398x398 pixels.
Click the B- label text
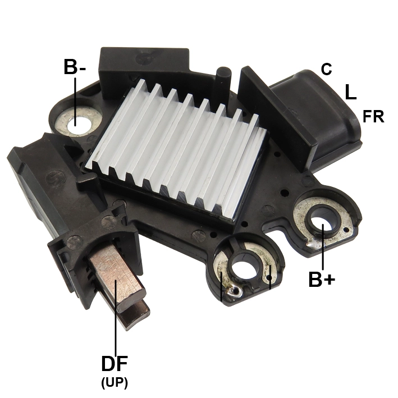[75, 67]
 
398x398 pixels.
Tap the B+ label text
[322, 279]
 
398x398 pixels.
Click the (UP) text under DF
[115, 383]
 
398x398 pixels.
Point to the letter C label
[326, 70]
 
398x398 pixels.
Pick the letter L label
[350, 92]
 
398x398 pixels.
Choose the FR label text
[373, 117]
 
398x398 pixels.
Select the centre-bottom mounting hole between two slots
[245, 266]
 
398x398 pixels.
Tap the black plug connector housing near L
[314, 112]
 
